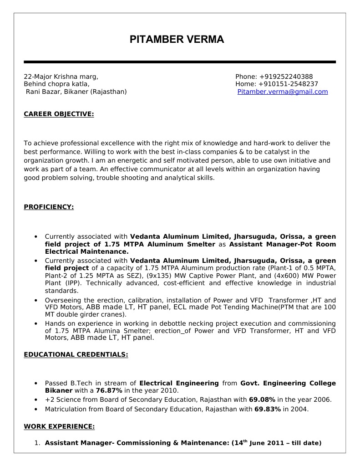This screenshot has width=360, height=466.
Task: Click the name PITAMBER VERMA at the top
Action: coord(177,40)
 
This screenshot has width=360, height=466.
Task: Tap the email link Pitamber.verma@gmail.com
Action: coord(283,92)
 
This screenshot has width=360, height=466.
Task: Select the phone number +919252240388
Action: coord(286,77)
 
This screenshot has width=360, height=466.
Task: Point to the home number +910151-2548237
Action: coord(288,84)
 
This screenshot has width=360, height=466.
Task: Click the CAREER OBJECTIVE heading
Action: coord(59,114)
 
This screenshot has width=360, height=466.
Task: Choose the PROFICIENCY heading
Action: coord(49,207)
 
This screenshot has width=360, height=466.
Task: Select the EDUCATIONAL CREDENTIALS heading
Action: coord(76,354)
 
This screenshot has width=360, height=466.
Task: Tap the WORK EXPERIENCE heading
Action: coord(59,426)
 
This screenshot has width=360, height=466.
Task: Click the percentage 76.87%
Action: coord(109,391)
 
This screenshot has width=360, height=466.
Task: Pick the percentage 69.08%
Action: coord(262,400)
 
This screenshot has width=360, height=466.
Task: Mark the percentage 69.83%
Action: coord(268,409)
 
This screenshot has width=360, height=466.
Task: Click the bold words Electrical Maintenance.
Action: coord(86,251)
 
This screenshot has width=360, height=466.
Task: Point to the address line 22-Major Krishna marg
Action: coord(61,77)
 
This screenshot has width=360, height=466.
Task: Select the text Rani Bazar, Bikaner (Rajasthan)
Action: coord(76,92)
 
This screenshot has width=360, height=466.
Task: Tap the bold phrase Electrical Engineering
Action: coord(179,384)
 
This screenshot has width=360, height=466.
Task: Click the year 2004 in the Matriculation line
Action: coord(299,409)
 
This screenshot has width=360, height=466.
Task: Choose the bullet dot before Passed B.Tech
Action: coord(36,384)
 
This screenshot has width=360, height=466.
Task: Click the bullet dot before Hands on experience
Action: coord(36,323)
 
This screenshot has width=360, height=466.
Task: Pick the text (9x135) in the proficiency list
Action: coord(159,276)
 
